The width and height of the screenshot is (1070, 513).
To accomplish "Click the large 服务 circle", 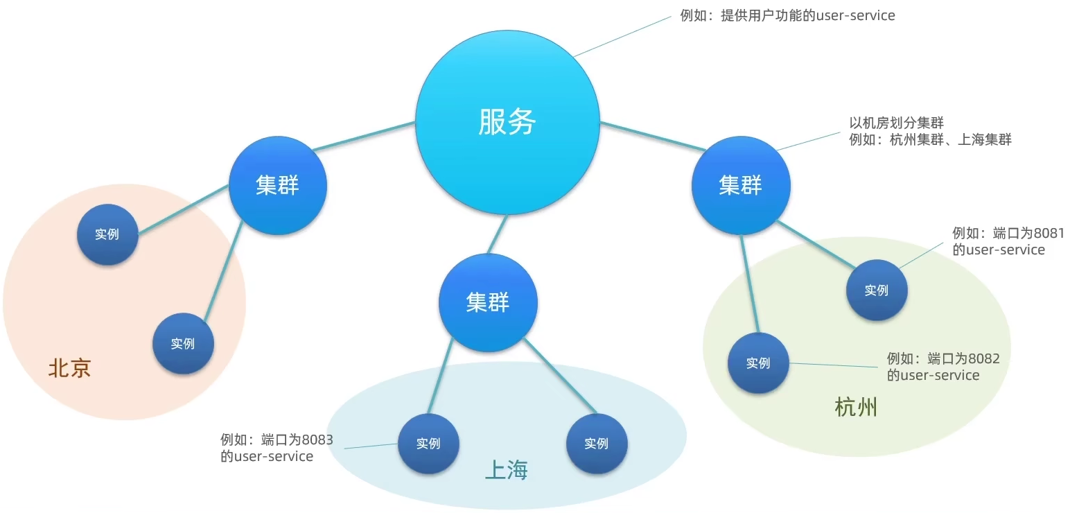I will point(507,121).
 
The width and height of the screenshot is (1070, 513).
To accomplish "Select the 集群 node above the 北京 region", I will point(277,186).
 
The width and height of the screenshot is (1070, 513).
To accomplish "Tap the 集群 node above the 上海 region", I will point(488,302).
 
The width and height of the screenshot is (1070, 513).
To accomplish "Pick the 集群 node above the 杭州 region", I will point(740,185).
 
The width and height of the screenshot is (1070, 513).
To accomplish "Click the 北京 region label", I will point(69,368).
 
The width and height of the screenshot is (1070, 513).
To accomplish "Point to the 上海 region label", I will point(506,471).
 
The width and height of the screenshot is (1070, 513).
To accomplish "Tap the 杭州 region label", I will point(857,408).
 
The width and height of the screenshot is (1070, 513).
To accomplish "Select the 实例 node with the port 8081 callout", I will point(877,290).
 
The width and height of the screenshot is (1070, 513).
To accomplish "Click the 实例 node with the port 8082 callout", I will point(758,363).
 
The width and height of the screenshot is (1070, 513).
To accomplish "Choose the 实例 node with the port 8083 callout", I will point(428,444).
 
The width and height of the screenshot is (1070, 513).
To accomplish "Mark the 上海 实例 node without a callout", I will point(597,444).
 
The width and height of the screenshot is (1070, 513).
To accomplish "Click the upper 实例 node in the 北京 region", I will point(107,234).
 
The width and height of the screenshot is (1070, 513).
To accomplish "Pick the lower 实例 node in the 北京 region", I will point(183,344).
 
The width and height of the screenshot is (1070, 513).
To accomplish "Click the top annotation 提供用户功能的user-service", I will point(808,15).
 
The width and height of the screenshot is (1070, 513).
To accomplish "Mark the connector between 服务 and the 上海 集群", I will point(498,234).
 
